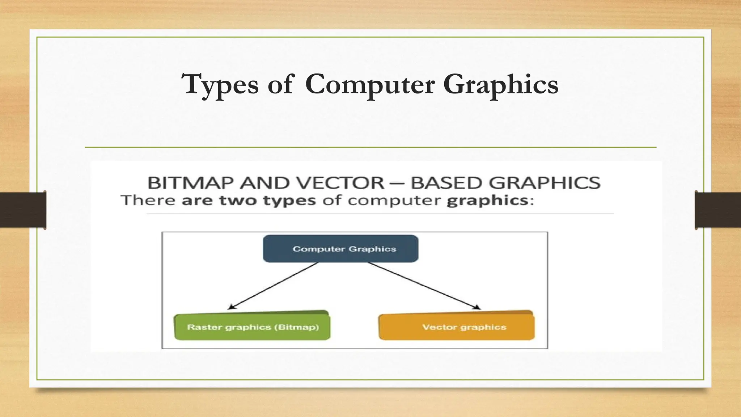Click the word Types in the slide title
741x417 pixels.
tap(220, 85)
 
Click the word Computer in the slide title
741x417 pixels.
tap(369, 85)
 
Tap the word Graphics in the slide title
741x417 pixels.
tap(501, 85)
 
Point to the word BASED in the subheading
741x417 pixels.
tap(447, 183)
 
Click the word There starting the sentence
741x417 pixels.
tap(148, 200)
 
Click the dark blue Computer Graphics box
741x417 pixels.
tap(340, 249)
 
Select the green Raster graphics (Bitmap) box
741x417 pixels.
tap(252, 327)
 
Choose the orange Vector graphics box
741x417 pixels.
tap(457, 327)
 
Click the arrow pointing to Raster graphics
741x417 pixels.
tap(273, 286)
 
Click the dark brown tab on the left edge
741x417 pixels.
tap(23, 210)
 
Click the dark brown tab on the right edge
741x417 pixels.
tap(718, 210)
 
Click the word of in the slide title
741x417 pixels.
tap(280, 85)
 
